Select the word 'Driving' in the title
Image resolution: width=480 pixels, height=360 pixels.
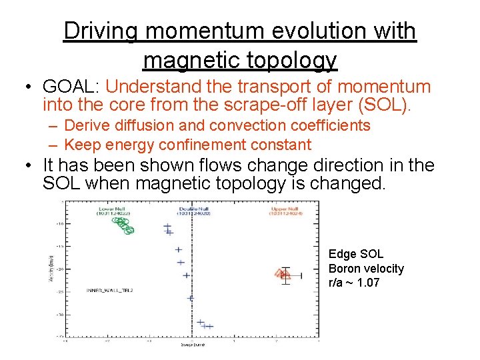(x=100, y=31)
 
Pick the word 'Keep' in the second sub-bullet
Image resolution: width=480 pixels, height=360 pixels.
(x=81, y=145)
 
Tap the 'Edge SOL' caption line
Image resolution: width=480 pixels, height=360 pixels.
(x=356, y=254)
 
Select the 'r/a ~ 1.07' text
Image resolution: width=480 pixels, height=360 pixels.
(x=354, y=283)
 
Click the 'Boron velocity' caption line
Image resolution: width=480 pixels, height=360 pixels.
(x=366, y=268)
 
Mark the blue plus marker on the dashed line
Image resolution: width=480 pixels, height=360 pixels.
(x=190, y=298)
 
